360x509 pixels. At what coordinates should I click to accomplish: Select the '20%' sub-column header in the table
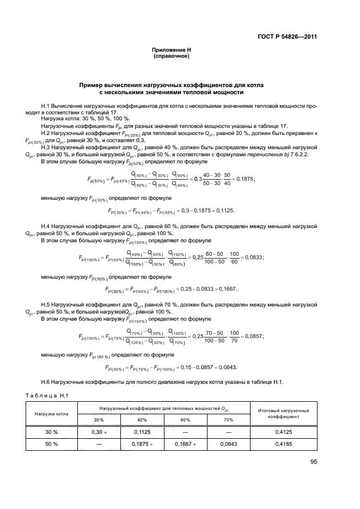(x=99, y=419)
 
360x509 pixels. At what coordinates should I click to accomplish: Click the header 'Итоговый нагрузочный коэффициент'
(x=288, y=413)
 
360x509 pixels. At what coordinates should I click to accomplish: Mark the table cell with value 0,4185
(x=288, y=444)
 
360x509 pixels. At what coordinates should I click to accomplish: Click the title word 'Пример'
(x=92, y=85)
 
